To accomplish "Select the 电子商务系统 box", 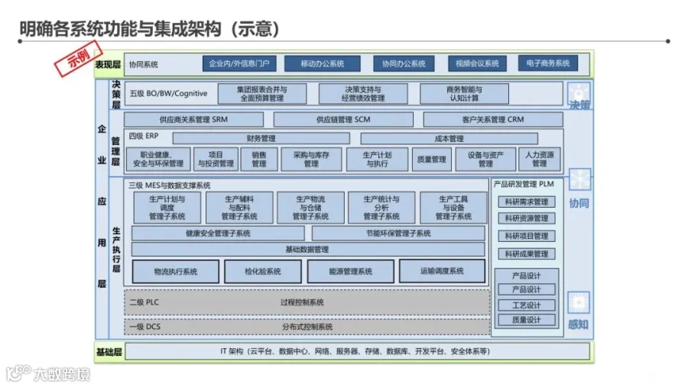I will coord(547,63).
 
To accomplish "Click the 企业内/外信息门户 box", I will coord(239,63).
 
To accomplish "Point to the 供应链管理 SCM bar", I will coord(342,120).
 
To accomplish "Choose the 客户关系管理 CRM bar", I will coord(493,120).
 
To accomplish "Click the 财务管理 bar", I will coord(261,139).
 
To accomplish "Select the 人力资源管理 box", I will coord(539,159).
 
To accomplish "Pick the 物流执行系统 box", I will coord(175,271).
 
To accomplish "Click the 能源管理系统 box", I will coord(350,271).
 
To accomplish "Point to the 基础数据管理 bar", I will coord(307,250).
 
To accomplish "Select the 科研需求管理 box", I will coord(526,202).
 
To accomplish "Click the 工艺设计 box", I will coord(526,305).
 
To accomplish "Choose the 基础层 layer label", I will coord(109,352).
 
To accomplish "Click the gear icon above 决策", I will coord(578,90).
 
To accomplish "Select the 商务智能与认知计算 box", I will coord(463,94).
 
